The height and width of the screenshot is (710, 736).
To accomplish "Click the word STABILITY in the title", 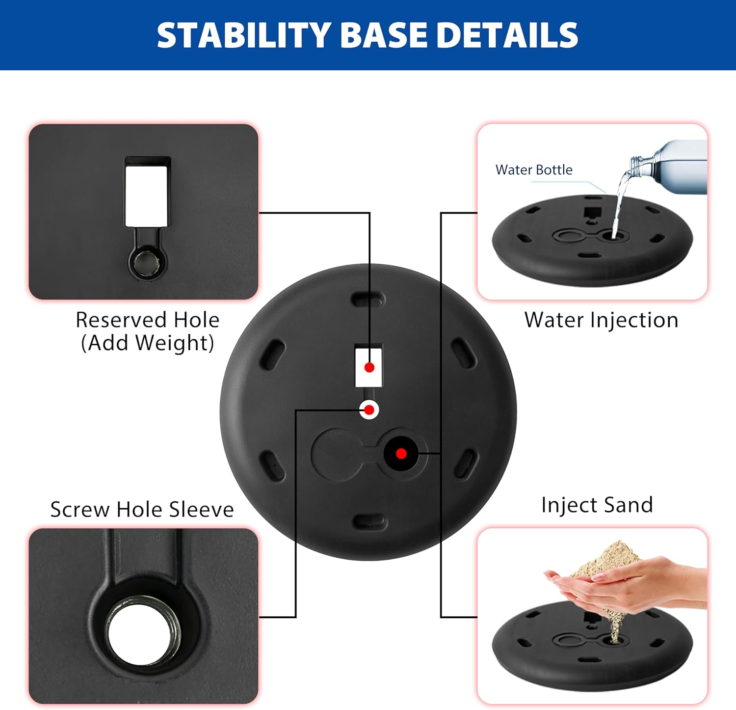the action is coord(244,35).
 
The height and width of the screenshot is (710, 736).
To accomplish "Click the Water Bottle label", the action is coord(534,170).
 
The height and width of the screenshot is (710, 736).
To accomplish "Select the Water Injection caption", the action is coord(601,320).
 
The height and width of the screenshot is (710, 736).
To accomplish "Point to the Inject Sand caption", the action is coord(597,505).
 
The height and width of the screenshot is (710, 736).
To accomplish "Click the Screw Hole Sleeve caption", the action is coord(142,510).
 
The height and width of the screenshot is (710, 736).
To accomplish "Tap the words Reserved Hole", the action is coord(148,320).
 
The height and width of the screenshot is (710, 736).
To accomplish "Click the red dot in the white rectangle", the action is coord(369,367).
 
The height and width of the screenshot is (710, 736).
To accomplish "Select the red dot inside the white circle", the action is coord(369,410).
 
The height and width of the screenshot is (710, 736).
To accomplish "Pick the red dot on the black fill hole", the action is coord(401,453).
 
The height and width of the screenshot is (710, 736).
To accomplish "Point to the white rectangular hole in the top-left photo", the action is coord(147,196).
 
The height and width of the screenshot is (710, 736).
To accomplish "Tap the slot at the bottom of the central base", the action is coord(370,522).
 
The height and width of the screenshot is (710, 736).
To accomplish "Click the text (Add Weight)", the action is coord(148,343).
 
